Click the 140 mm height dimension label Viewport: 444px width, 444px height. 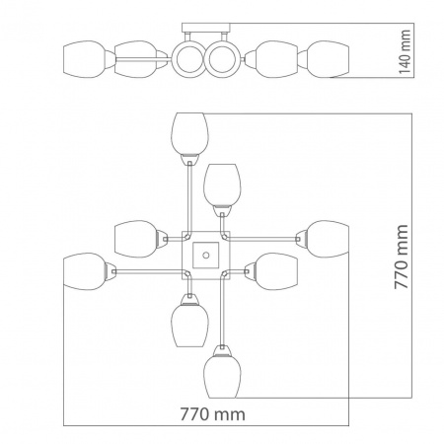(x=405, y=51)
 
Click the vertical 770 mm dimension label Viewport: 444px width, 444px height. (x=402, y=257)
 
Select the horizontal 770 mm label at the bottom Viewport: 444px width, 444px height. (x=212, y=414)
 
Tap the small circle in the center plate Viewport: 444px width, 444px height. (x=206, y=255)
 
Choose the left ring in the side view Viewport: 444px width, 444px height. (x=188, y=59)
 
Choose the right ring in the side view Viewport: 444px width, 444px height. (x=222, y=59)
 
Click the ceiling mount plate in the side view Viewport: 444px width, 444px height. (x=206, y=28)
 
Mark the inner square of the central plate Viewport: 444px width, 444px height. (x=206, y=255)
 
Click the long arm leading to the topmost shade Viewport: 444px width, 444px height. (x=189, y=198)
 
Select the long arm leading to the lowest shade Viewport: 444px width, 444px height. (x=223, y=309)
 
